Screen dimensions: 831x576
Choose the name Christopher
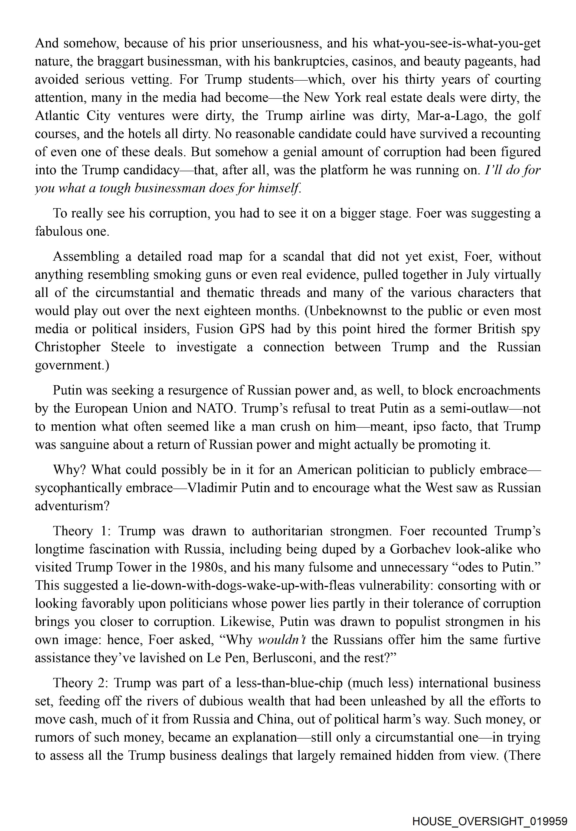68,347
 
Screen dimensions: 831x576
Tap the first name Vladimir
213,488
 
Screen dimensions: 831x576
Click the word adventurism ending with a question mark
72,506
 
